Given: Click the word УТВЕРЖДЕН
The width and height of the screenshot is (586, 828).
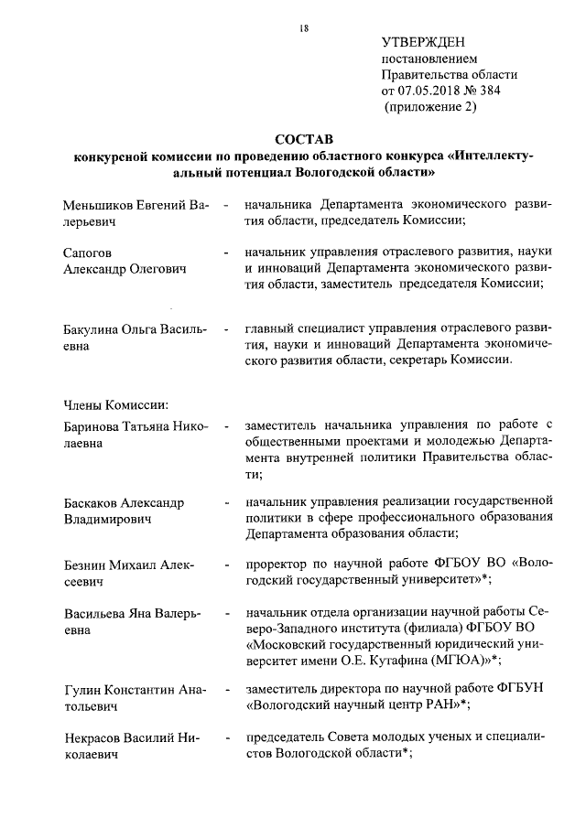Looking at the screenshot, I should tap(423, 41).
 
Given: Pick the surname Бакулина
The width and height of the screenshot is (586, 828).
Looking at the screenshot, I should tap(92, 328).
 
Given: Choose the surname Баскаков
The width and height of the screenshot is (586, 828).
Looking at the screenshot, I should tap(94, 503).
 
